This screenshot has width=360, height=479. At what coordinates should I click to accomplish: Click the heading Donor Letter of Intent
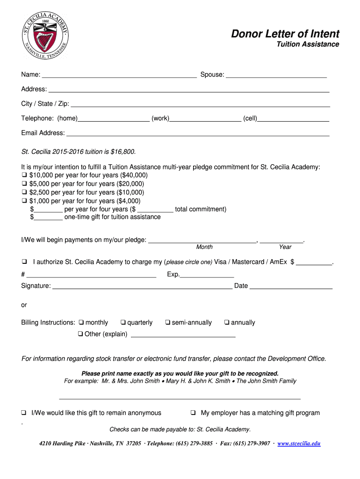285,34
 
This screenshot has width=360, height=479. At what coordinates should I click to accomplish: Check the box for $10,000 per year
24,175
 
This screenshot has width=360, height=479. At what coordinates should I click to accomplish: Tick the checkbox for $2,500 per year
24,192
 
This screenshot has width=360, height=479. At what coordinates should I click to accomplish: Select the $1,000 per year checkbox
24,201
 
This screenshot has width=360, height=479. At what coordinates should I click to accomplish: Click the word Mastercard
248,262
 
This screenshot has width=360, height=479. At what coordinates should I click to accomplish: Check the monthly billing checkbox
81,322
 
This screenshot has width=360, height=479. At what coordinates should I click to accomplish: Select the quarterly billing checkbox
123,322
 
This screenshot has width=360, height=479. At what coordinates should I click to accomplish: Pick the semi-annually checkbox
167,322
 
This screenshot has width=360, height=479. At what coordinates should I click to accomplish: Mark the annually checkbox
227,322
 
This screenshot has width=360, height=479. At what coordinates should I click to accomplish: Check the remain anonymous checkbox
24,413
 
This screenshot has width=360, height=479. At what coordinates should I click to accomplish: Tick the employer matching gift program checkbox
193,413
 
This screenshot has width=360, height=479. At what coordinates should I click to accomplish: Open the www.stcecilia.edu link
299,443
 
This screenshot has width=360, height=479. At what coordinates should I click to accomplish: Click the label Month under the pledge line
204,247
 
